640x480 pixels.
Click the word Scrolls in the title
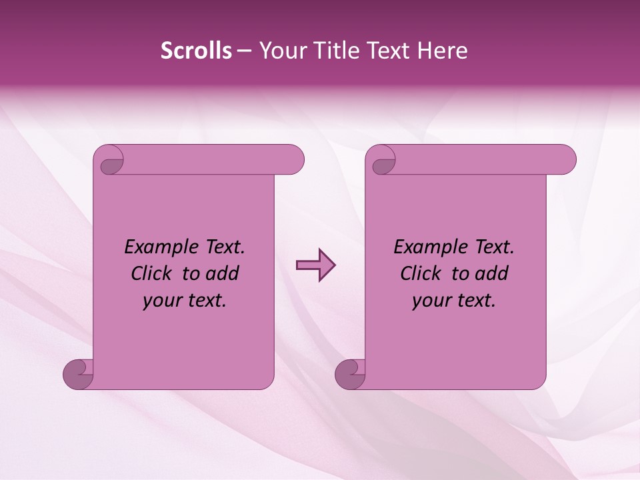[x=196, y=51]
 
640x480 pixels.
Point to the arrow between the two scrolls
[x=315, y=265]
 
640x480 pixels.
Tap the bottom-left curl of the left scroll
[x=79, y=375]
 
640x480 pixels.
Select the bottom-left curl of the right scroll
[x=351, y=375]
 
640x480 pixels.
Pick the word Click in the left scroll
[x=153, y=273]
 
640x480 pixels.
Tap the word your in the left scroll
[x=161, y=301]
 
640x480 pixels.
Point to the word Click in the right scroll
[x=422, y=273]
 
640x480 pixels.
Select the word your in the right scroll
[x=431, y=301]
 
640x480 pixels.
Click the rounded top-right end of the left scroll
[x=293, y=160]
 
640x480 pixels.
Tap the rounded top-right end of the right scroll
[x=565, y=160]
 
